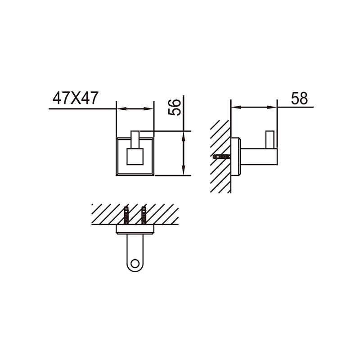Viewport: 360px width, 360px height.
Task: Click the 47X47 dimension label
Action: (x=76, y=98)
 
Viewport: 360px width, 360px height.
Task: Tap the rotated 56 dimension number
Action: (x=175, y=107)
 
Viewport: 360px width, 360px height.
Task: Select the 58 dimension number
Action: (x=299, y=98)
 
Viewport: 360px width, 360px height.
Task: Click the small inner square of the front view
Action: (x=135, y=157)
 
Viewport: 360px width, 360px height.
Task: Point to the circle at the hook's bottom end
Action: (x=135, y=264)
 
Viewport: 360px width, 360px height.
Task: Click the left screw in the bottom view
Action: (x=126, y=215)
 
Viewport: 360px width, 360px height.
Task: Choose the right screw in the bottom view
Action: (x=144, y=215)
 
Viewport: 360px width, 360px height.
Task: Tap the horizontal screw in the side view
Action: (x=222, y=157)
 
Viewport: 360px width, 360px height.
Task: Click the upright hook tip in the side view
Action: (x=270, y=139)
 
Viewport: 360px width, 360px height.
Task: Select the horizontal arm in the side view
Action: (x=259, y=157)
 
